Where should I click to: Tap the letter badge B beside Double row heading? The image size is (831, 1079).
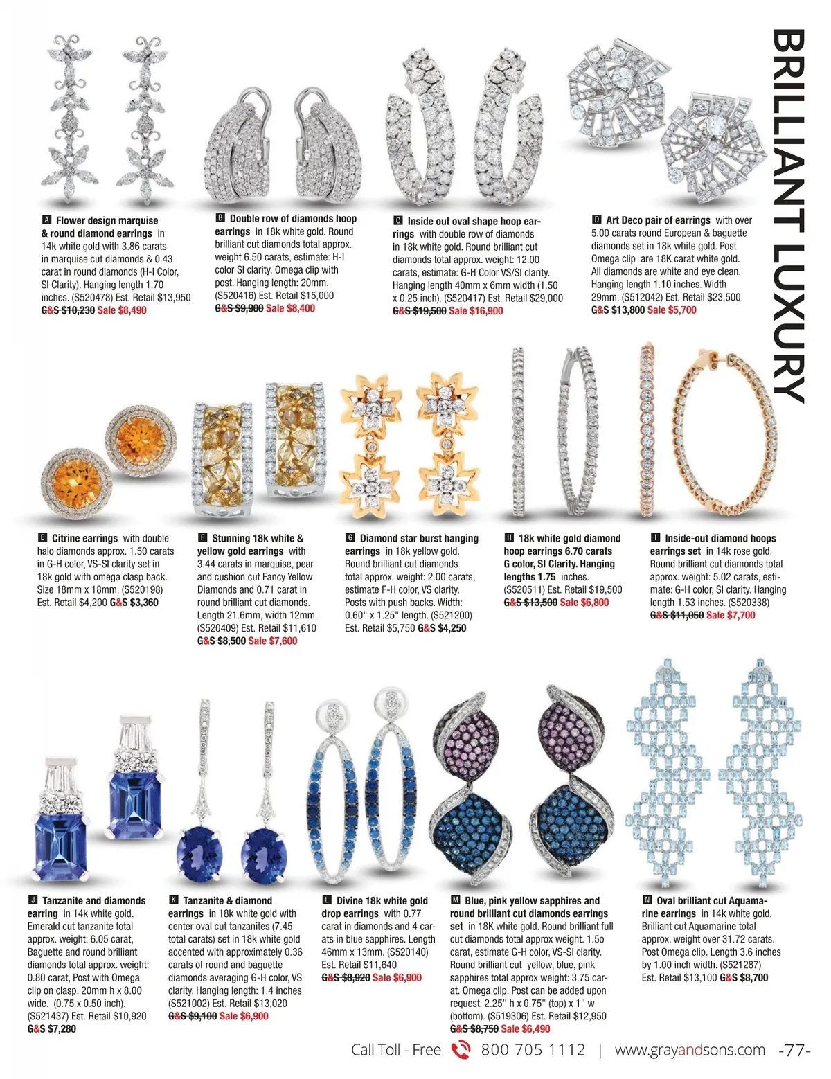click(x=220, y=218)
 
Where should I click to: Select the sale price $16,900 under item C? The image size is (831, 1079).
click(x=476, y=311)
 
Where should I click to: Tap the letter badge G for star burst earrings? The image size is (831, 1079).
click(x=350, y=538)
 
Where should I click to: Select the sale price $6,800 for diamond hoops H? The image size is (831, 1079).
click(x=584, y=603)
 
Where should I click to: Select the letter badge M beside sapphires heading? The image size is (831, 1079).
click(x=455, y=900)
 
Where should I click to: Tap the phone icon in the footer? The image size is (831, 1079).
click(x=461, y=1050)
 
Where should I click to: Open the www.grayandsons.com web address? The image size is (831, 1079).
click(x=690, y=1050)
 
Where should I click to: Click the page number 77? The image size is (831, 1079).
click(x=795, y=1050)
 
